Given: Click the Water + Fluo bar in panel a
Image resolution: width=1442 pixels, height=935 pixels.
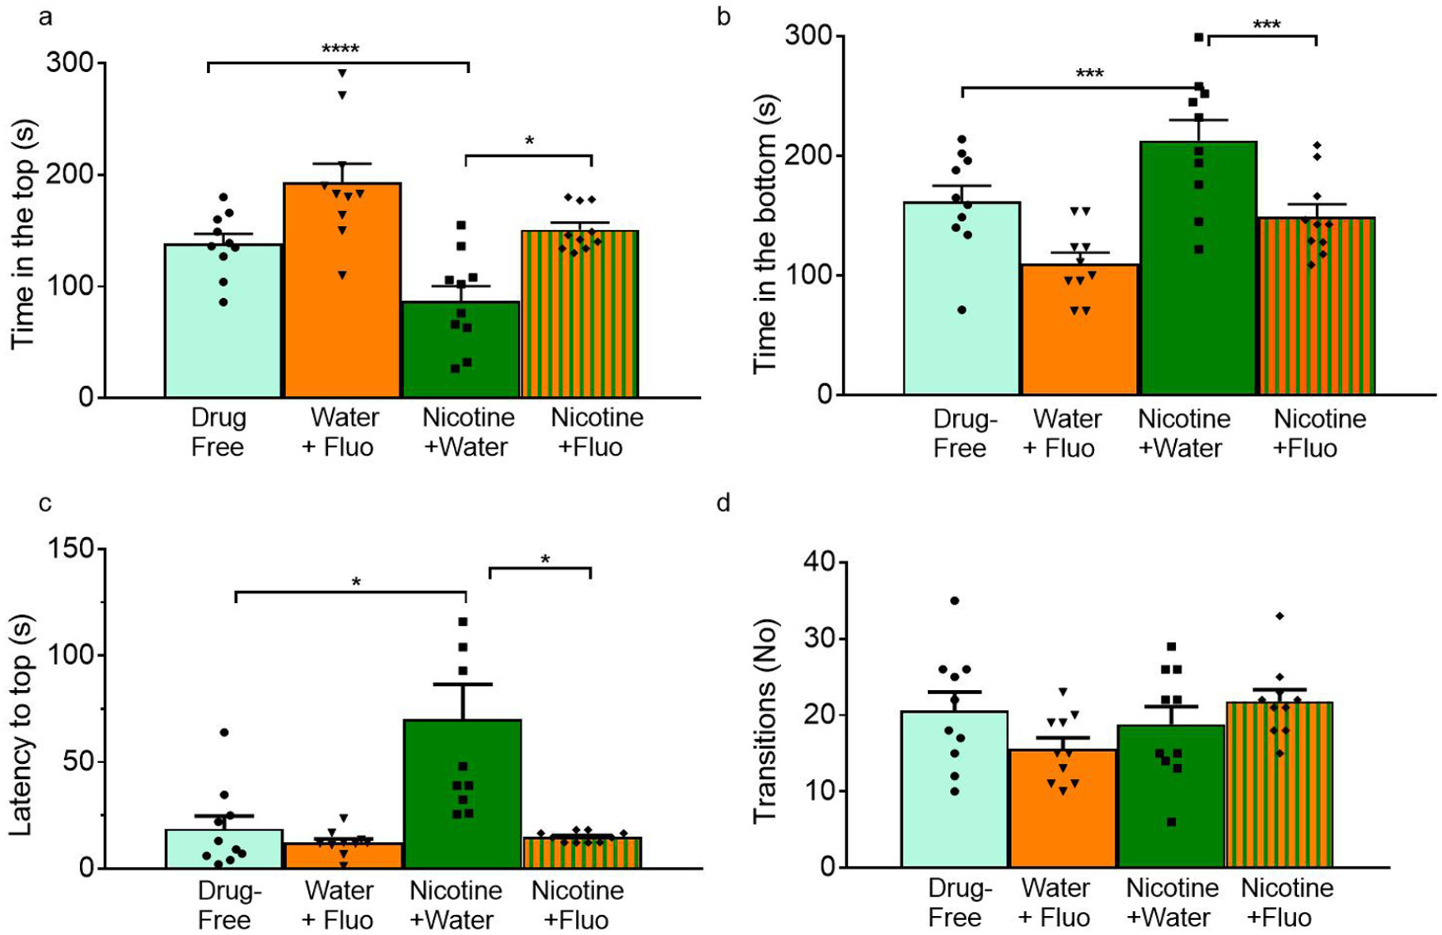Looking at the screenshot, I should (x=342, y=301).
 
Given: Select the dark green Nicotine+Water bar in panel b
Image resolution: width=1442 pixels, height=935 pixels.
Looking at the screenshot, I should (x=1198, y=277).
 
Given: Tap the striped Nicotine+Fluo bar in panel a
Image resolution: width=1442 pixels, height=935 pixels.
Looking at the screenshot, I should (x=580, y=317).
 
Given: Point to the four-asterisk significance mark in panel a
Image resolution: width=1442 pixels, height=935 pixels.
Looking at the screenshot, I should (x=341, y=50).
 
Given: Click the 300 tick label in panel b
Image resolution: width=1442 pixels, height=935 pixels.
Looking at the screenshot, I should (x=808, y=36).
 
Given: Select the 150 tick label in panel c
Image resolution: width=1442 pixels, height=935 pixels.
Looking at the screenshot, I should (x=71, y=549).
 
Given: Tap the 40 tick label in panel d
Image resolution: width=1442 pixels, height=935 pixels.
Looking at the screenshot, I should (x=819, y=563).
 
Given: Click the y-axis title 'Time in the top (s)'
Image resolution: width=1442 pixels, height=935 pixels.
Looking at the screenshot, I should (x=24, y=234).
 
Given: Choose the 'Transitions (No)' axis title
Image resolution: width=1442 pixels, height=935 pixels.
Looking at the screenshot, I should (x=765, y=721).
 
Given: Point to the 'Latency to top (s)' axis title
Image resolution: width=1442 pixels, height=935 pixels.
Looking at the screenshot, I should (x=22, y=725).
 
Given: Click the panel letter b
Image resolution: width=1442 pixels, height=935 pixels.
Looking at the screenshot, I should (x=723, y=17).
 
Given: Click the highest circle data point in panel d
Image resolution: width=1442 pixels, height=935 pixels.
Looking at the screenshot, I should (x=955, y=601).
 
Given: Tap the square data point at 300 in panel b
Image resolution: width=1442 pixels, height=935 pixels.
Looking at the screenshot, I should (x=1199, y=37).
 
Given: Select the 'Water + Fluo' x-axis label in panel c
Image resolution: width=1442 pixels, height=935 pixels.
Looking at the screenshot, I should (x=339, y=905).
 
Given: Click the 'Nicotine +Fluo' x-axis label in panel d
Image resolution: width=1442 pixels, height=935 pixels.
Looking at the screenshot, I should (x=1287, y=903).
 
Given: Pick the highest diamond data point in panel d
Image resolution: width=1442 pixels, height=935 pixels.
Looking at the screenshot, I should (x=1280, y=616).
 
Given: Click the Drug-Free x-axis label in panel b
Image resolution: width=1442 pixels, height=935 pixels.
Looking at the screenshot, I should (x=963, y=433).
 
